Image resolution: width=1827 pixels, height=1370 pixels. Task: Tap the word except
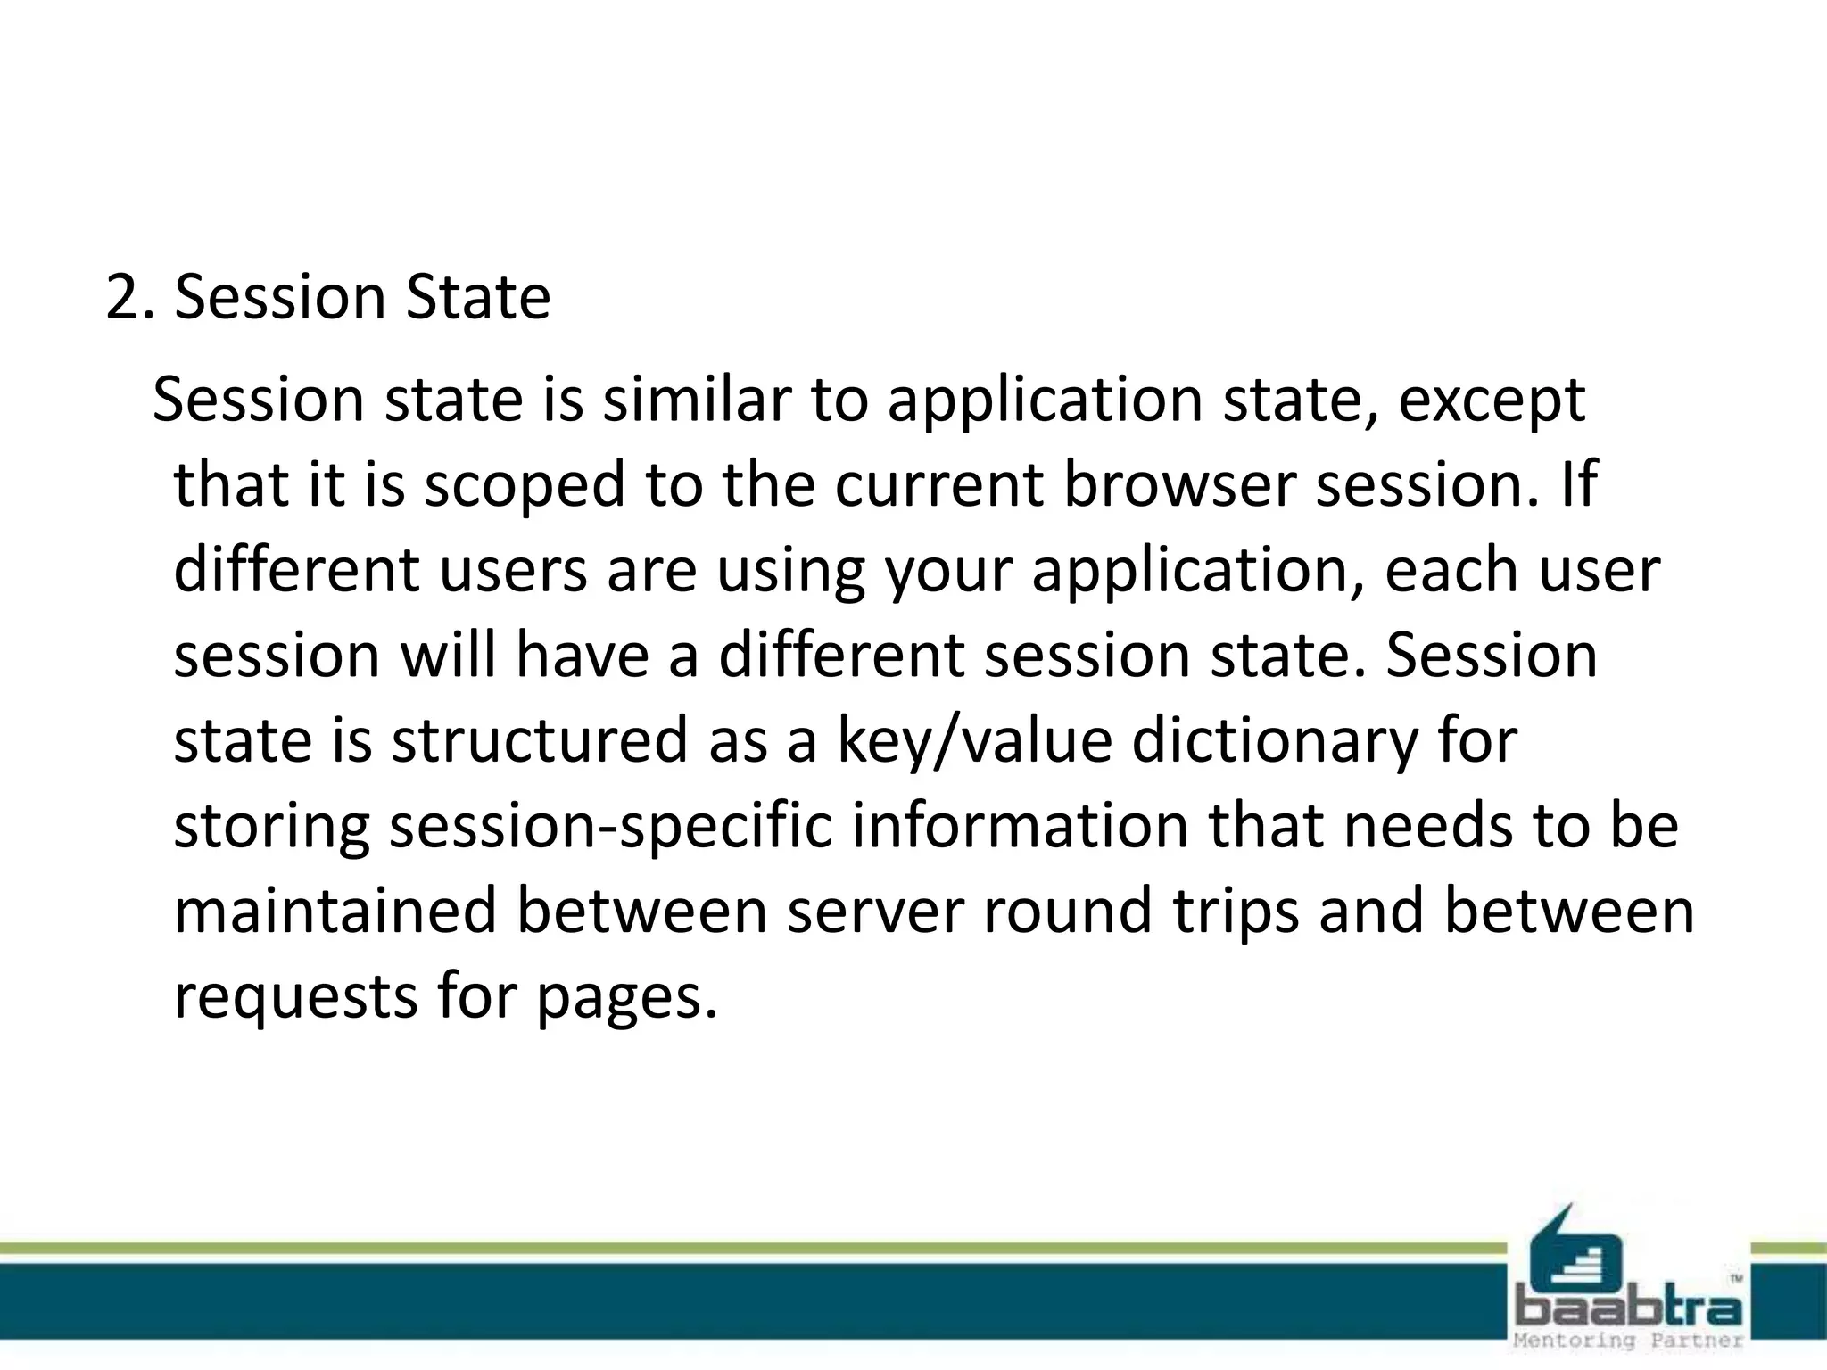[x=1492, y=401]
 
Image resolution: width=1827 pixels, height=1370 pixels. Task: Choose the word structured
[x=540, y=741]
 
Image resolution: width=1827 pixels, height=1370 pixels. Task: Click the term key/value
[x=975, y=741]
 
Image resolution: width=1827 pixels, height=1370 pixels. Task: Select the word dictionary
[x=1274, y=741]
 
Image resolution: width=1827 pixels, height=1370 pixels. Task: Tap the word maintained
[x=335, y=911]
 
